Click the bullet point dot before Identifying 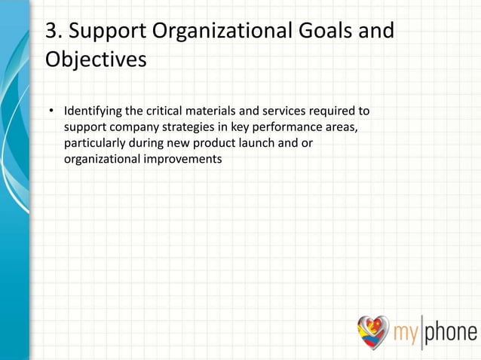pos(52,113)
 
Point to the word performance pos(292,128)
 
